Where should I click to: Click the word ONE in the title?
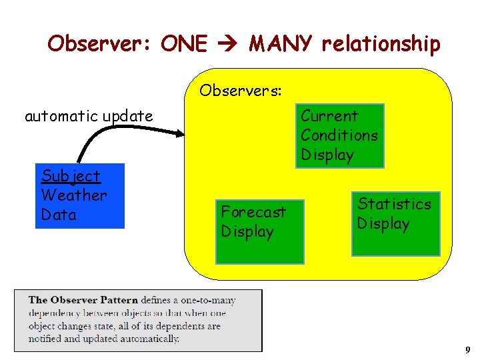tap(184, 44)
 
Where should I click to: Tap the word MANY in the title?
tap(280, 44)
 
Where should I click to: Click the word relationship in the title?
tap(381, 45)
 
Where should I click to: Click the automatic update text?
tap(89, 116)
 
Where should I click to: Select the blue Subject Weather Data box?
tap(80, 196)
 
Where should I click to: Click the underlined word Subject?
tap(71, 176)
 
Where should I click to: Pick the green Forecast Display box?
tap(259, 231)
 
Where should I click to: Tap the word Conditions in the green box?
tap(339, 135)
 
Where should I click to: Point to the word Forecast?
tap(253, 212)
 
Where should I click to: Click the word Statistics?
tap(395, 204)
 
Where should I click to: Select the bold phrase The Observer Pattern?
tap(83, 300)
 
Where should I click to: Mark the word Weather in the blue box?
tap(74, 195)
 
